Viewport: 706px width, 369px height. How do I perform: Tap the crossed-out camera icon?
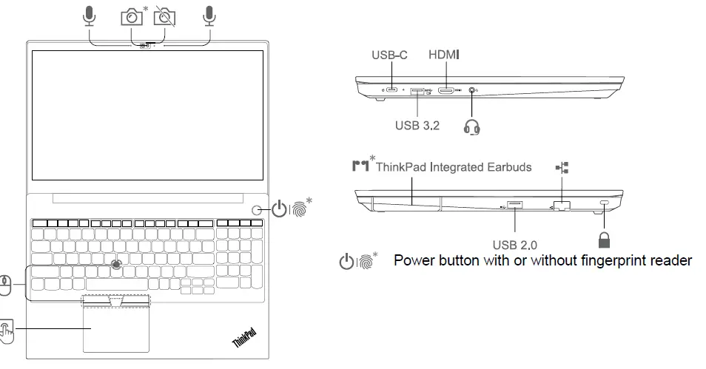coord(166,16)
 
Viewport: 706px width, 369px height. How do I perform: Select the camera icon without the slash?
coord(131,16)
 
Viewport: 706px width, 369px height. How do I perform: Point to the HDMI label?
coord(444,55)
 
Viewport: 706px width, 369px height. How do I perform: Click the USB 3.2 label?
coord(417,125)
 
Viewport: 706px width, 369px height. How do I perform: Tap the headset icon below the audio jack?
coord(472,127)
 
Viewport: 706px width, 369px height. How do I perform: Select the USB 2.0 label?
coord(514,244)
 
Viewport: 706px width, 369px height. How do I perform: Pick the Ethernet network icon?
coord(562,169)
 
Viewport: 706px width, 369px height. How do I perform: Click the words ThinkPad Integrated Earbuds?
coord(453,167)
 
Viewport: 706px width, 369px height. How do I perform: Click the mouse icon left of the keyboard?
coord(6,285)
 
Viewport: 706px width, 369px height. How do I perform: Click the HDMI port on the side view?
coord(446,91)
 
